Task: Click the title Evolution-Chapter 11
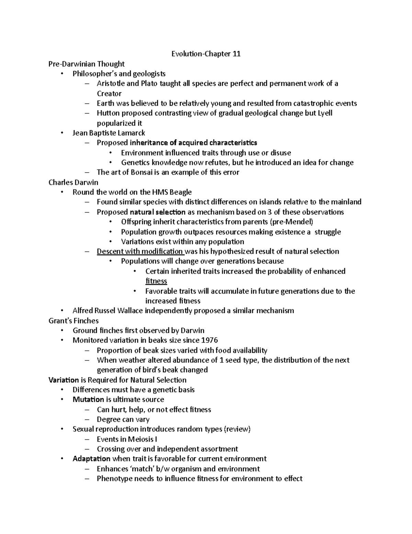tap(206, 54)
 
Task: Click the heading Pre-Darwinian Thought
tap(87, 64)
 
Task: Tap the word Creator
tap(109, 94)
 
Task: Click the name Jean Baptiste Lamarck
tap(109, 133)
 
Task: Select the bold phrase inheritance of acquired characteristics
tap(193, 143)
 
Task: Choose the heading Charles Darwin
tap(73, 182)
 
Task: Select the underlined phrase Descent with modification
tap(140, 251)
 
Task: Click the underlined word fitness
tap(156, 281)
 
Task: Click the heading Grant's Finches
tap(73, 321)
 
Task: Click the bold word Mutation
tap(88, 400)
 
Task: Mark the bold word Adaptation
tap(91, 459)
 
